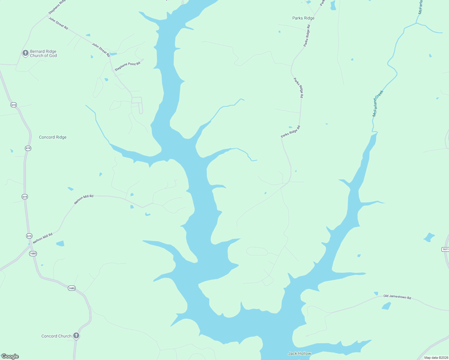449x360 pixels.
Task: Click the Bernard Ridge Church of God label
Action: (43, 53)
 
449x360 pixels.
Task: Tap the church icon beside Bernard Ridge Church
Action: (26, 53)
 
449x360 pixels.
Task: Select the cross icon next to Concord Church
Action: (76, 335)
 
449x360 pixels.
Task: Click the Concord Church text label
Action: (56, 336)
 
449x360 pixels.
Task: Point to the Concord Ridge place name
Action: (53, 137)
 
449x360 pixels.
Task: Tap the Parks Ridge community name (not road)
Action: (303, 18)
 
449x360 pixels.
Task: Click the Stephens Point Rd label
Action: (128, 66)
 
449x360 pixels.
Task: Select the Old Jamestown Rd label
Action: (397, 297)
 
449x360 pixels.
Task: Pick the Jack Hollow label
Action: (300, 353)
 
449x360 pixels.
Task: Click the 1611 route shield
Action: (445, 249)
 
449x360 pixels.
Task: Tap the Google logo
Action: (10, 356)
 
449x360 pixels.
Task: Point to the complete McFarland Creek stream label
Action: (378, 103)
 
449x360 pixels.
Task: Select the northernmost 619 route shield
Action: (14, 105)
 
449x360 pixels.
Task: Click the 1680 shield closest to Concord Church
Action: (71, 288)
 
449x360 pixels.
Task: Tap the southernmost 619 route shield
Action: (29, 236)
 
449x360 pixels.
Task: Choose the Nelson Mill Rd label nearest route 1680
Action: (43, 238)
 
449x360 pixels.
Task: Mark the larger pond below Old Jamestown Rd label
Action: (386, 306)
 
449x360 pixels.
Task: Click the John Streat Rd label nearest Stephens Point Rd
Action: (101, 50)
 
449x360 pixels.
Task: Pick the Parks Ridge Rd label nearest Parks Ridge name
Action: (307, 35)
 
